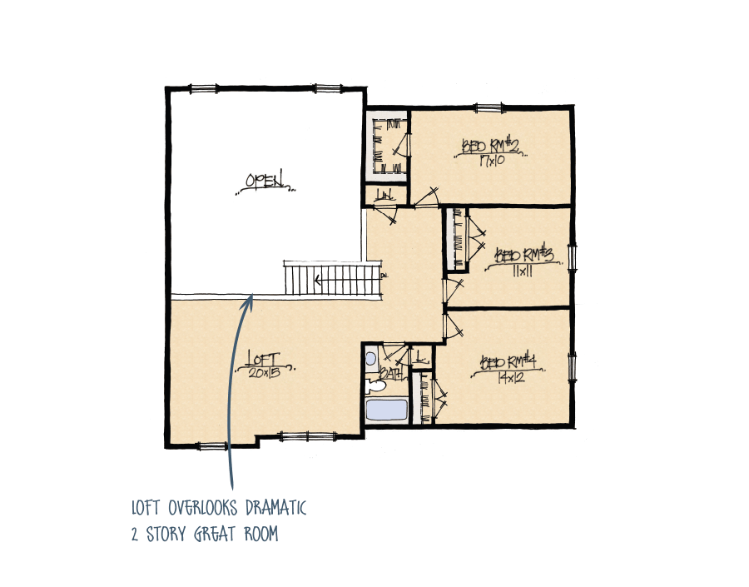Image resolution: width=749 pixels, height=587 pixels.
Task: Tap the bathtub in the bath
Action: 386,410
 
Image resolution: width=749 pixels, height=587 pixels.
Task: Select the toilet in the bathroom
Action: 376,386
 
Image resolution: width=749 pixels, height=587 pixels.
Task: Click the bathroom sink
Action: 371,359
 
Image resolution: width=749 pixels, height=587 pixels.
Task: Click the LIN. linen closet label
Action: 384,196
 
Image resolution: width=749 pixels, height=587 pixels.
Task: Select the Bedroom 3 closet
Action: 456,240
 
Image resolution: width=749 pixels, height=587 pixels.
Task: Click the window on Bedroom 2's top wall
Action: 489,107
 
